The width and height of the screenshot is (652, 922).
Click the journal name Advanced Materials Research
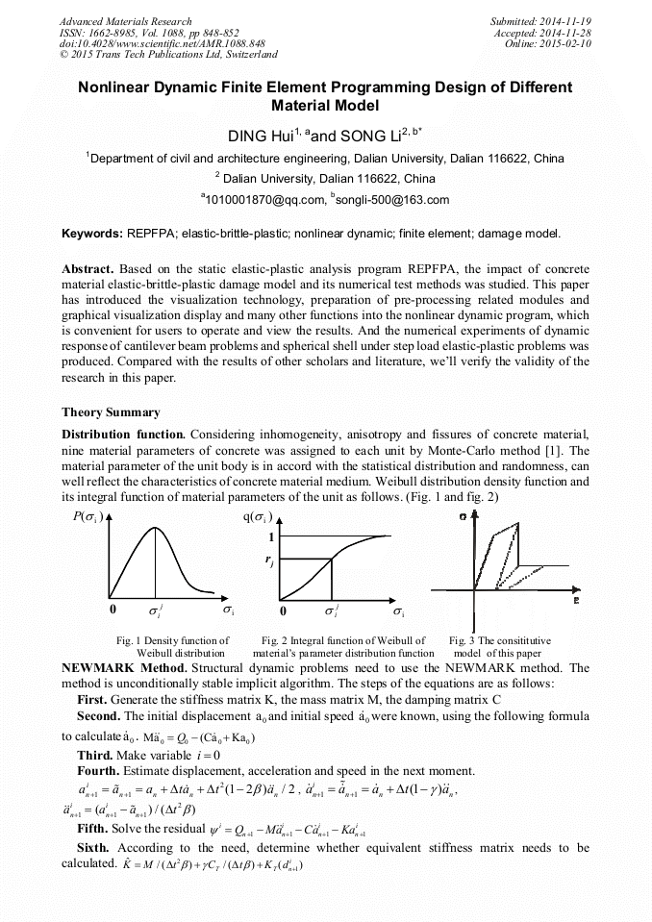(x=125, y=21)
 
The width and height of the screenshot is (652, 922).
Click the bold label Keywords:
(x=91, y=234)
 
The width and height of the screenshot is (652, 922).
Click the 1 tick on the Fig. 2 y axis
(x=272, y=537)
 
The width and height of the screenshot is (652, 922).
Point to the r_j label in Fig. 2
(x=272, y=562)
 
